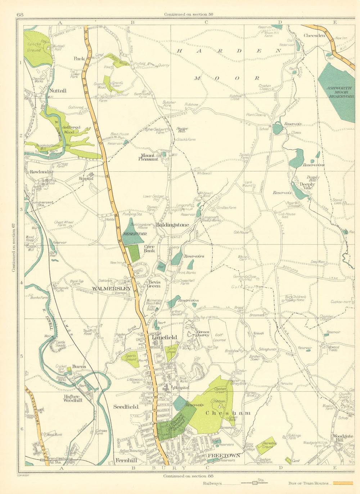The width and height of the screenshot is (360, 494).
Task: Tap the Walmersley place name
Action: tap(112, 289)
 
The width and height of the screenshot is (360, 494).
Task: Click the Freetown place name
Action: tap(223, 455)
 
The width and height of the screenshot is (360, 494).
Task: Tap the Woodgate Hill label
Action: tap(343, 438)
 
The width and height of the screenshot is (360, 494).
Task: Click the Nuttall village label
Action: tap(58, 91)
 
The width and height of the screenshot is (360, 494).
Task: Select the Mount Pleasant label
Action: tap(149, 157)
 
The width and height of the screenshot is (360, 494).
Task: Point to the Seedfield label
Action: tap(126, 407)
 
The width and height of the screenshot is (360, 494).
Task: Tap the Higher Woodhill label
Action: tap(73, 398)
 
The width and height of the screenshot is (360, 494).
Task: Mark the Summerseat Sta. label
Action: tap(42, 204)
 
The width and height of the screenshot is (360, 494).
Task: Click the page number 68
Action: tap(20, 14)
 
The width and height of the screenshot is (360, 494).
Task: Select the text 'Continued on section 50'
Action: tap(188, 14)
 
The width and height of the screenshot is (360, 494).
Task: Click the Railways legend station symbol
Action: tap(255, 484)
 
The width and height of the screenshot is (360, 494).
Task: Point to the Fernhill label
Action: tap(126, 460)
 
